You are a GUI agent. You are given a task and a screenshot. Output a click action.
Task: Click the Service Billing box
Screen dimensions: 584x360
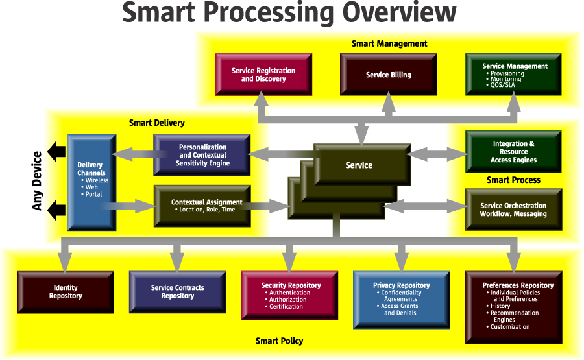(389, 75)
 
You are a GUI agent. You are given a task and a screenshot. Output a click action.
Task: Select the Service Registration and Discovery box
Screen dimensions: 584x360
(263, 75)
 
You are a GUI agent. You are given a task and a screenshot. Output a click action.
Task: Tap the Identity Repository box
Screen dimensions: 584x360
(66, 292)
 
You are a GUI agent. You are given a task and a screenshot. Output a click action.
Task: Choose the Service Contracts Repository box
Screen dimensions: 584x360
(178, 292)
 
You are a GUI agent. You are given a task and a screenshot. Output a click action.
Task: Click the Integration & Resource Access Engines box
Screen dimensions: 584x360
(514, 152)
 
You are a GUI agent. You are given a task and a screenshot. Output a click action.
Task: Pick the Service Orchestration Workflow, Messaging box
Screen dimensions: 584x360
(514, 210)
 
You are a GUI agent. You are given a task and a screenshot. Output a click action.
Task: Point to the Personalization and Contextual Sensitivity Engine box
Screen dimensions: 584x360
(202, 155)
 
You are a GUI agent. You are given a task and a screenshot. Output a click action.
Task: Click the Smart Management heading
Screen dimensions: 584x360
(389, 43)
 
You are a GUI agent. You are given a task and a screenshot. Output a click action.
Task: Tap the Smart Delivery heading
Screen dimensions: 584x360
(157, 123)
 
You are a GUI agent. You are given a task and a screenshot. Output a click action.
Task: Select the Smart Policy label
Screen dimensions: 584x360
(279, 341)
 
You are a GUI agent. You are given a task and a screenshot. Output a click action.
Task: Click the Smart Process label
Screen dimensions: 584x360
(514, 180)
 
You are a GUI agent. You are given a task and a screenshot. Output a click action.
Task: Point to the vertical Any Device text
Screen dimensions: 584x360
(37, 181)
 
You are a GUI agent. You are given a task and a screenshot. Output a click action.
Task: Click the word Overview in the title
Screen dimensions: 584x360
(399, 12)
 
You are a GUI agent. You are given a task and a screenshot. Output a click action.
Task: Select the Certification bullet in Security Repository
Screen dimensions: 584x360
(284, 306)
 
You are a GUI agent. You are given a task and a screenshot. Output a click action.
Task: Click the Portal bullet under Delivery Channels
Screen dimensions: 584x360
(91, 194)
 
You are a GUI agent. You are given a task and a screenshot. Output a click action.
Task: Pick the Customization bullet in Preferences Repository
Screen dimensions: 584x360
(508, 326)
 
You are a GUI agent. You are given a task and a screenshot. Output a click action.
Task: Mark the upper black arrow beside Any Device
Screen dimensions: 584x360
(56, 152)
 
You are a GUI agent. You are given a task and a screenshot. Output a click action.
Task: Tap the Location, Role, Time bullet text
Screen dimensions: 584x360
(205, 210)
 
